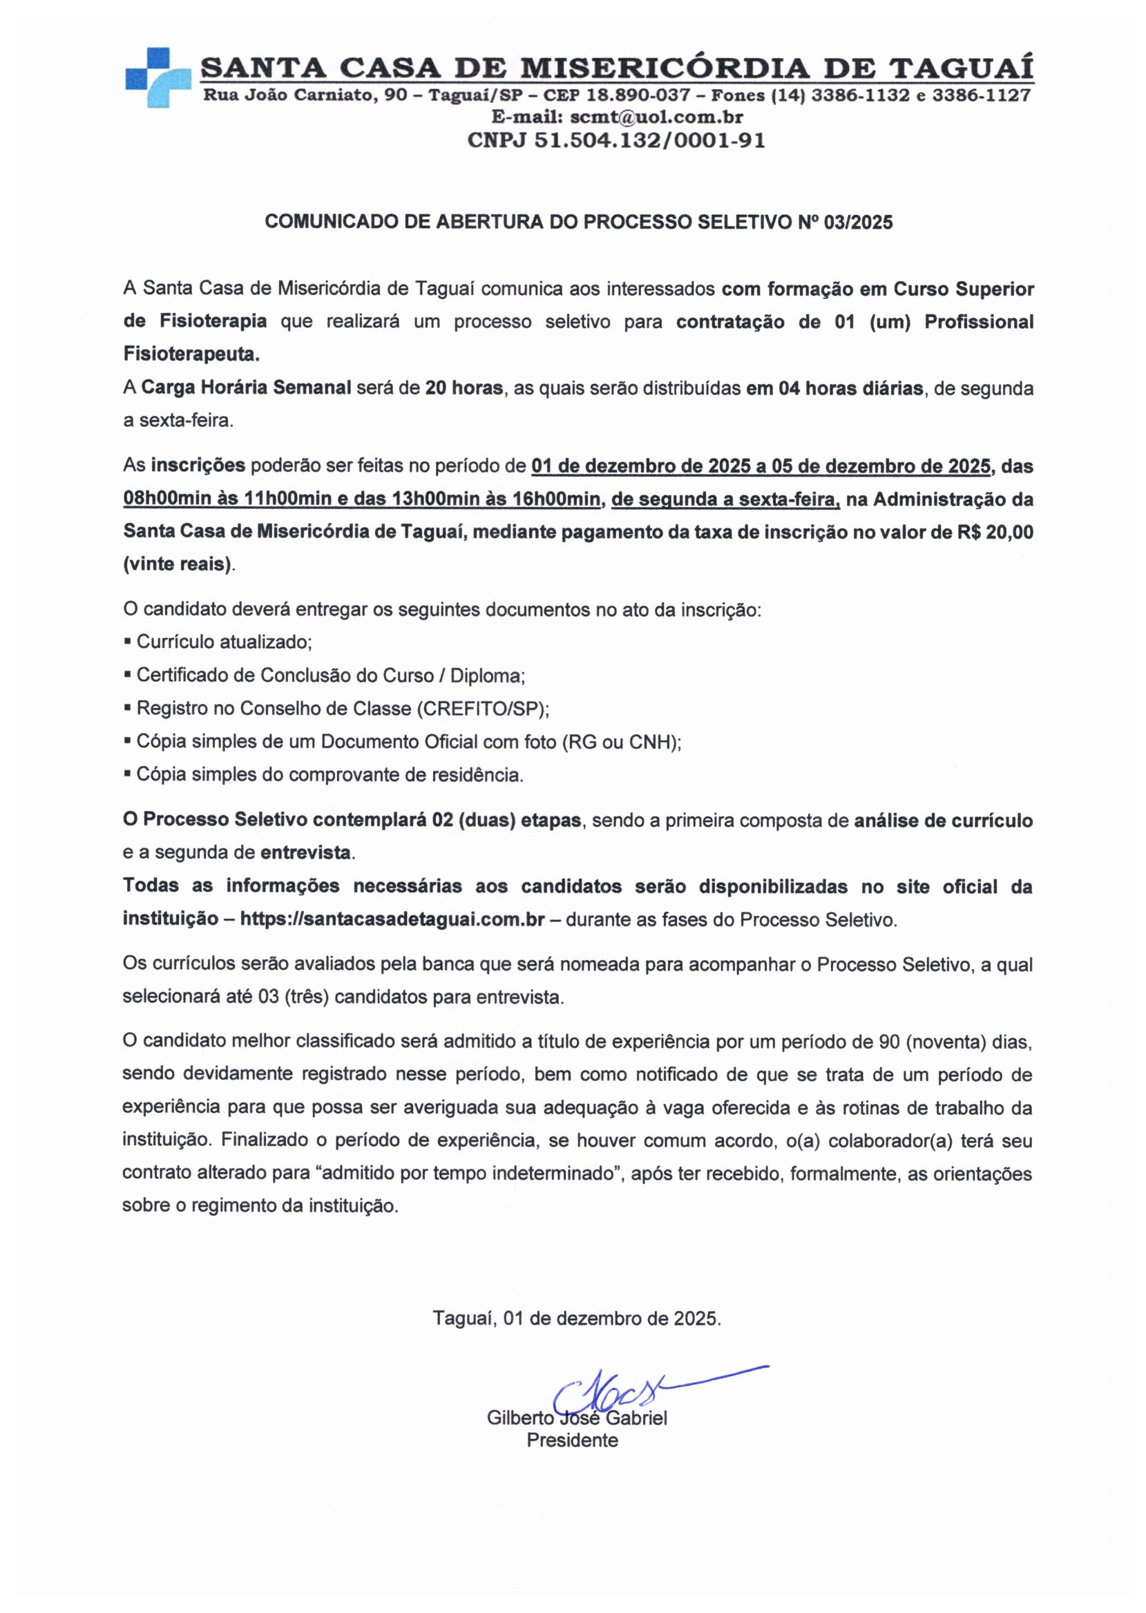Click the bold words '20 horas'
click(464, 388)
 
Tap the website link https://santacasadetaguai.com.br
click(392, 920)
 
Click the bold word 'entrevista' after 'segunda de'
click(305, 852)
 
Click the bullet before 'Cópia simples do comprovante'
click(127, 774)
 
